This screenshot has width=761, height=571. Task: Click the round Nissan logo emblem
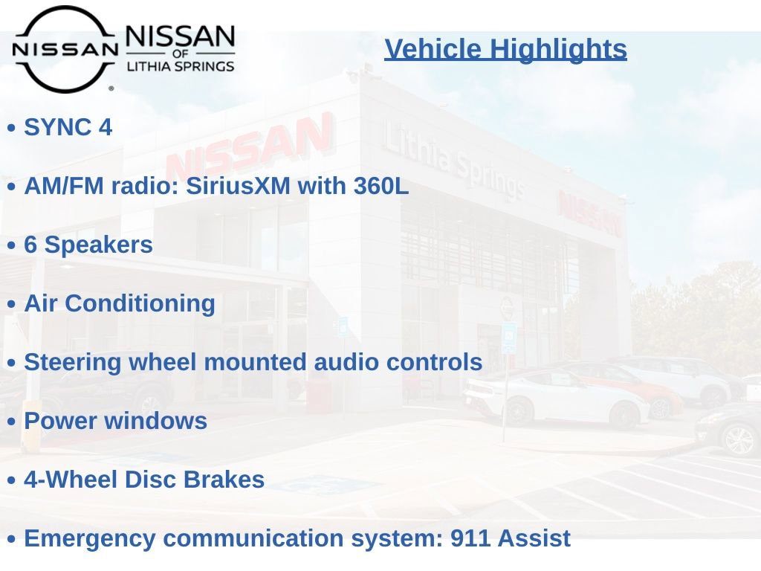point(65,49)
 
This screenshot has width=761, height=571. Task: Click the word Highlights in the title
point(558,49)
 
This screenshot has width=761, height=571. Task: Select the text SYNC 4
point(68,127)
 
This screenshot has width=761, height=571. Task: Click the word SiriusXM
point(238,185)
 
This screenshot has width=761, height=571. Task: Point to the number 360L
point(381,185)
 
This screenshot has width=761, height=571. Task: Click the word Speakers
point(99,245)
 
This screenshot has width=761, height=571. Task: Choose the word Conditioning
point(140,304)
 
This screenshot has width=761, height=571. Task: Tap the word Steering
point(72,363)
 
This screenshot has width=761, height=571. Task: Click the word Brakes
point(224,480)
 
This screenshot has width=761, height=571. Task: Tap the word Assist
point(534,538)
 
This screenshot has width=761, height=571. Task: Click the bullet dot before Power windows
point(12,422)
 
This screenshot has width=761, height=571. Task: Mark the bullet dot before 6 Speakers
point(12,245)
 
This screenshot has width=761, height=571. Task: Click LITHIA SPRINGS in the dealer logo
point(181,66)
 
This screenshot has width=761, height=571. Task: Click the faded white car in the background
point(553,396)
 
